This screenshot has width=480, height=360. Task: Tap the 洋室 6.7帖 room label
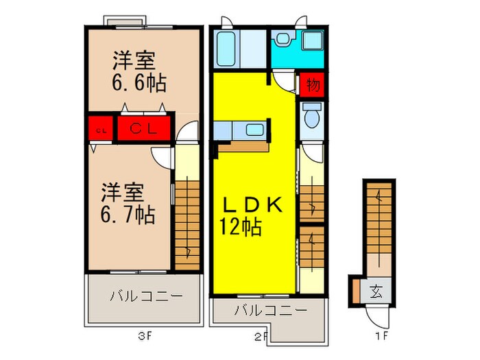pyautogui.click(x=128, y=203)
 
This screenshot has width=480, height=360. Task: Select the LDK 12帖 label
pyautogui.click(x=250, y=215)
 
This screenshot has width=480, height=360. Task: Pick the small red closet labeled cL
pyautogui.click(x=100, y=129)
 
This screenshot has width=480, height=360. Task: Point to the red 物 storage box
pyautogui.click(x=312, y=86)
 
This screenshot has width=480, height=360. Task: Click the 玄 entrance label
pyautogui.click(x=377, y=289)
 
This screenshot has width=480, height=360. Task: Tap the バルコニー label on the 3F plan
pyautogui.click(x=145, y=297)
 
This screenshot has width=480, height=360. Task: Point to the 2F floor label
pyautogui.click(x=261, y=336)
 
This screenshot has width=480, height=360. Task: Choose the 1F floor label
pyautogui.click(x=382, y=336)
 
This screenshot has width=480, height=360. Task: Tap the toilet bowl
pyautogui.click(x=312, y=118)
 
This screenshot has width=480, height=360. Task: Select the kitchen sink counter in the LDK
pyautogui.click(x=240, y=130)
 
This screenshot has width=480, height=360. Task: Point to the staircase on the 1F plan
pyautogui.click(x=378, y=219)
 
